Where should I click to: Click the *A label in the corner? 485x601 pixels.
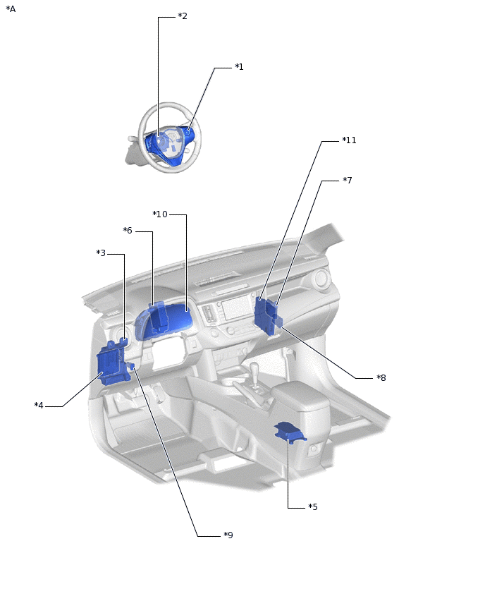pos(11,8)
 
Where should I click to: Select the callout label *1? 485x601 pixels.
pos(239,67)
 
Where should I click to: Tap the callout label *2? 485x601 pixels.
pos(183,16)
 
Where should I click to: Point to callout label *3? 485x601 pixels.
pos(101,253)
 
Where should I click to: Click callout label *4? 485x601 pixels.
pos(39,405)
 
